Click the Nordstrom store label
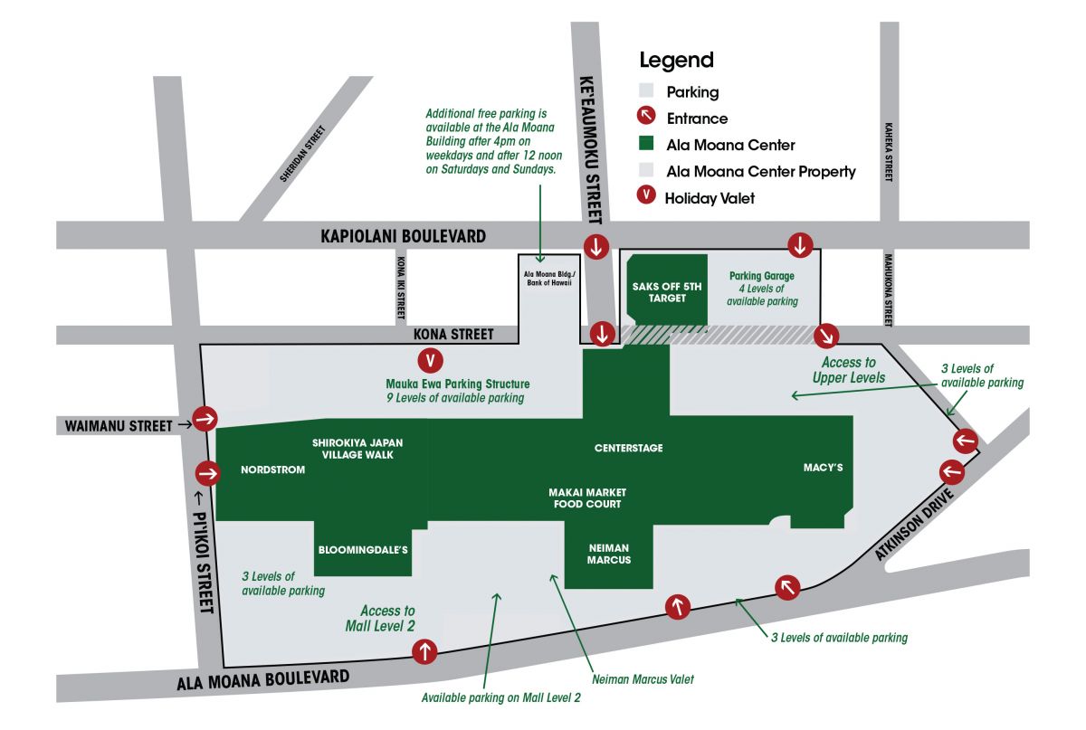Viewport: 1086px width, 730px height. click(272, 469)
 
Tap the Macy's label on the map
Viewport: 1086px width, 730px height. click(823, 468)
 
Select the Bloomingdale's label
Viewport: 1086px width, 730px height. click(364, 549)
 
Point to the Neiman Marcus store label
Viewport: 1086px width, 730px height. click(607, 554)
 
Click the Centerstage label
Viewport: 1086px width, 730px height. click(628, 448)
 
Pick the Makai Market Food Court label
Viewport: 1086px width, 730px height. click(587, 498)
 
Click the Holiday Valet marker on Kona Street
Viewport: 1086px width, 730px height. click(433, 360)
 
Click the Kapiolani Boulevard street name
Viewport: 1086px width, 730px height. click(403, 236)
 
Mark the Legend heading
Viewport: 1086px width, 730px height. click(676, 61)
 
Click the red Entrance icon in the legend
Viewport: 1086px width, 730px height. click(646, 118)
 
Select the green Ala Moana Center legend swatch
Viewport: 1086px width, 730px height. click(646, 144)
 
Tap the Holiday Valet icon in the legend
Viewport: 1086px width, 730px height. click(646, 197)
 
